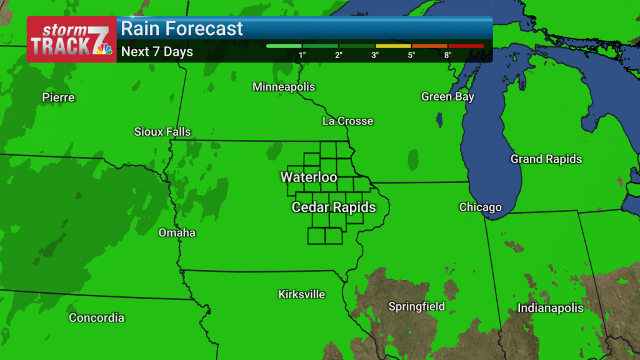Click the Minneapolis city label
pyautogui.click(x=284, y=87)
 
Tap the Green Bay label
pyautogui.click(x=447, y=97)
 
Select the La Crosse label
pyautogui.click(x=347, y=121)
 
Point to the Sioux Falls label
pyautogui.click(x=162, y=132)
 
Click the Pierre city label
pyautogui.click(x=58, y=97)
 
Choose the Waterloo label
pyautogui.click(x=309, y=177)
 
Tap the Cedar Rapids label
pyautogui.click(x=334, y=207)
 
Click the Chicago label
pyautogui.click(x=480, y=207)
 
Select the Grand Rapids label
pyautogui.click(x=546, y=159)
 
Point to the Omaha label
pyautogui.click(x=177, y=233)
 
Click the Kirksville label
pyautogui.click(x=302, y=294)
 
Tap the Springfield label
pyautogui.click(x=417, y=307)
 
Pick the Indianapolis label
pyautogui.click(x=551, y=308)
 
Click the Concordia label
pyautogui.click(x=96, y=318)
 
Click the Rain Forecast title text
pyautogui.click(x=182, y=29)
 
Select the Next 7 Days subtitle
pyautogui.click(x=157, y=52)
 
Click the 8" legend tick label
pyautogui.click(x=447, y=56)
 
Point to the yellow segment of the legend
pyautogui.click(x=392, y=46)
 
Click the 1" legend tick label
pyautogui.click(x=302, y=56)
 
